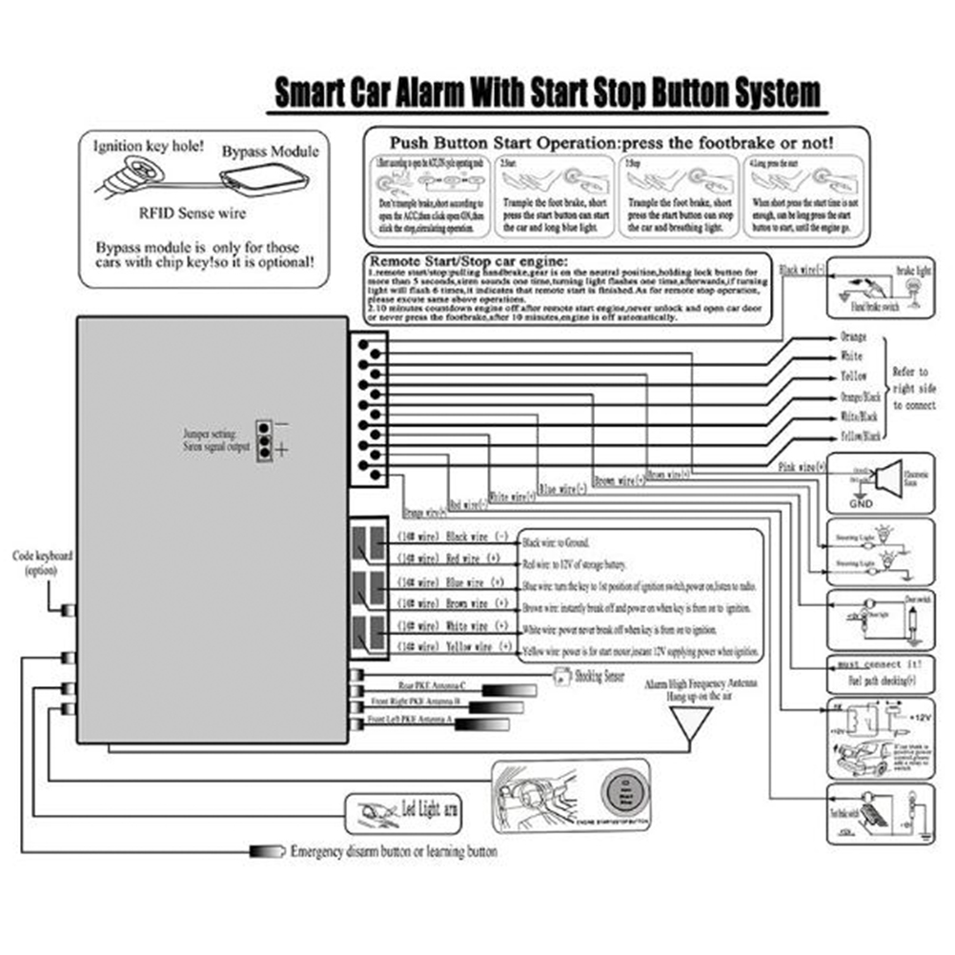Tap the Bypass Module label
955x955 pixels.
(271, 152)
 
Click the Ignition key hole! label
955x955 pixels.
(148, 147)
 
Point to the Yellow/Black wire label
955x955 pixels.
(861, 436)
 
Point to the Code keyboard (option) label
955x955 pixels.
(42, 561)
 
